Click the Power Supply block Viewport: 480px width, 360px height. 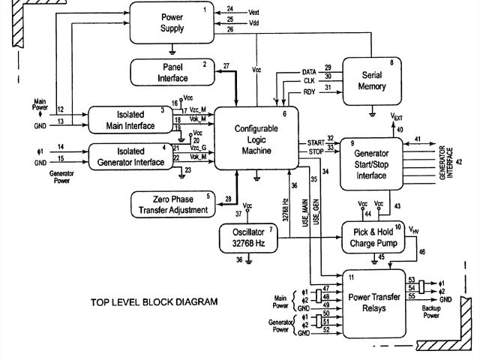172,22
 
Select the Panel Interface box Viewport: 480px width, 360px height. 172,73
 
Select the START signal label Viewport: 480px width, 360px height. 315,141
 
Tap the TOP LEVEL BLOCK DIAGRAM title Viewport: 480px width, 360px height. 154,302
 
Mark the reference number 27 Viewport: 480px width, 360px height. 226,67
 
